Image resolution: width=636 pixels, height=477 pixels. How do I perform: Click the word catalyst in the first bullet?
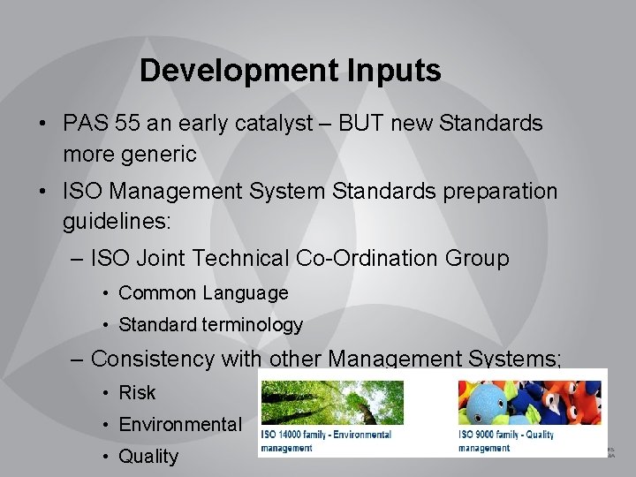pyautogui.click(x=270, y=124)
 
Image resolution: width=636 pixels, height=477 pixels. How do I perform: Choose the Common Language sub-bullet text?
pyautogui.click(x=203, y=292)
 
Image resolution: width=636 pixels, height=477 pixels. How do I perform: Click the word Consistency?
pyautogui.click(x=152, y=359)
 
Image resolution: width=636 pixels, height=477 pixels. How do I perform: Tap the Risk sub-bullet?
pyautogui.click(x=137, y=392)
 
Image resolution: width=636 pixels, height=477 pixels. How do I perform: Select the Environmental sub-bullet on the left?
pyautogui.click(x=179, y=425)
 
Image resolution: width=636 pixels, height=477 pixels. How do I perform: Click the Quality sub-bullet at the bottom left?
pyautogui.click(x=148, y=457)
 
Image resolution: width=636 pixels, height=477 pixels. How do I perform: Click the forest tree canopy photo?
pyautogui.click(x=332, y=404)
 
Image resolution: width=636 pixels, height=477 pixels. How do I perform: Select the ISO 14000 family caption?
pyautogui.click(x=326, y=441)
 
